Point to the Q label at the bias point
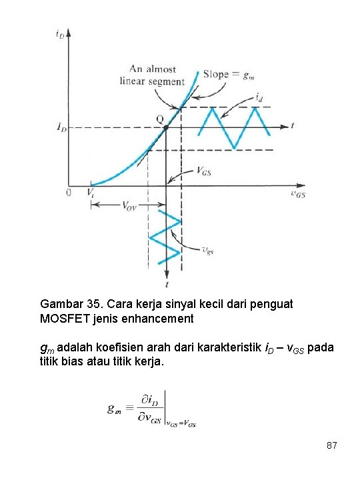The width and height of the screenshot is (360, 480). tap(159, 119)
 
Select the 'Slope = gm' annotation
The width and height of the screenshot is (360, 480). tap(227, 74)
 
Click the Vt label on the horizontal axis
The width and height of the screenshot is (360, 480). tap(91, 193)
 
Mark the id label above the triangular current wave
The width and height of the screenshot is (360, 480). tap(259, 97)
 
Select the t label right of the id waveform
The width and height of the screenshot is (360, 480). tap(293, 124)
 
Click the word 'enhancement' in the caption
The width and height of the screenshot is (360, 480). tap(156, 319)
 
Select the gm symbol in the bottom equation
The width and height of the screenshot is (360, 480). tap(114, 409)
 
